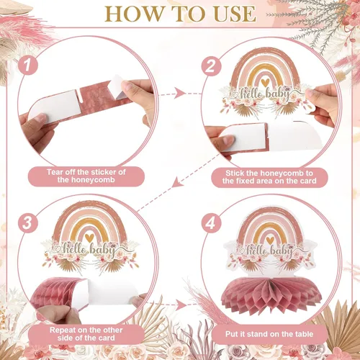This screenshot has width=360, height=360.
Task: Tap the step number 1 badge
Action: point(28,65)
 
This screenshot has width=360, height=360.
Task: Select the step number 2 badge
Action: point(211,66)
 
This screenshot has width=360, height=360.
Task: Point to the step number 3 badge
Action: point(28,222)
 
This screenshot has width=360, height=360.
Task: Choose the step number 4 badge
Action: point(211,223)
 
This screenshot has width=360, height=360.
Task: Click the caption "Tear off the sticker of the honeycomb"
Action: point(86,176)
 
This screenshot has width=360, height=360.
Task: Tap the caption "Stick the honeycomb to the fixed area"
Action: point(269,177)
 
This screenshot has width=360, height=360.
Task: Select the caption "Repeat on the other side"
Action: point(86,334)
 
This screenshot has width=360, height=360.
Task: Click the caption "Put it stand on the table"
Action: point(269,334)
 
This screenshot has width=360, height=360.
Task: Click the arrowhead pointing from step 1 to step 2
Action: point(179,93)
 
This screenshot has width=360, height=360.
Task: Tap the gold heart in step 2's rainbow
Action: point(265,83)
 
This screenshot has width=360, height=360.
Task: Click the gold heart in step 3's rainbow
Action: point(89,238)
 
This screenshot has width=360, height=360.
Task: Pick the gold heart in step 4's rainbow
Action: point(270,240)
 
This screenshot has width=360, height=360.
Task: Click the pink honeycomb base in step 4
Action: point(271,294)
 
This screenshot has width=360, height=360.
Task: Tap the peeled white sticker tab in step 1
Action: point(116,87)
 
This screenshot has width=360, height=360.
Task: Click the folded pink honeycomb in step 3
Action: point(58,293)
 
